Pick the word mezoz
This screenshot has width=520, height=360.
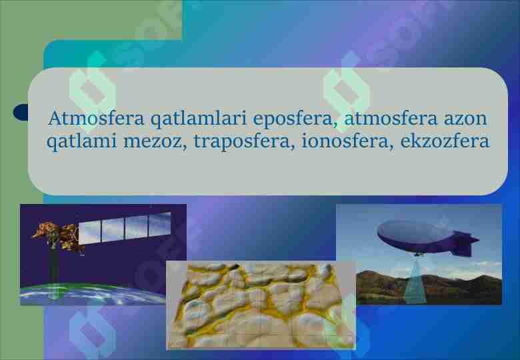coord(154,142)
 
